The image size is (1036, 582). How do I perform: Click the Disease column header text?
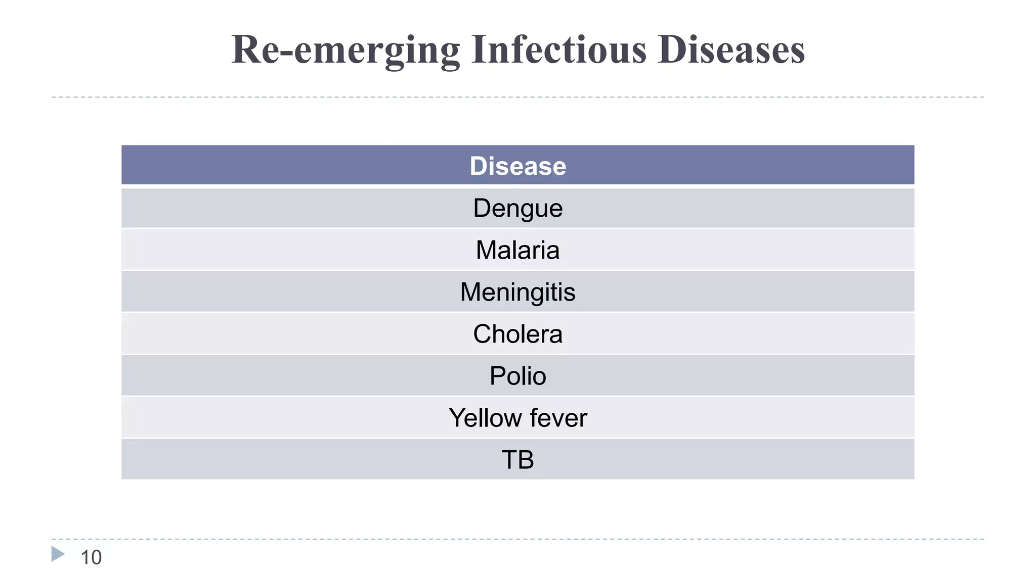[x=517, y=166]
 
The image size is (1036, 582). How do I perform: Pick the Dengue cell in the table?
[x=517, y=208]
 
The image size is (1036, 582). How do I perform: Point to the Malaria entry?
[x=517, y=250]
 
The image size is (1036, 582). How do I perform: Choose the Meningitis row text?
[x=517, y=292]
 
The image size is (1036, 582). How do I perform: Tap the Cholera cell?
[x=517, y=334]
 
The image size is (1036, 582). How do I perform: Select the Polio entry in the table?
[x=517, y=376]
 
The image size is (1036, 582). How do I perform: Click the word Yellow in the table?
[x=485, y=418]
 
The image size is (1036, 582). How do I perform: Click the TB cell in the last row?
[x=517, y=460]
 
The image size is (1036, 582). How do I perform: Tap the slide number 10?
[x=91, y=558]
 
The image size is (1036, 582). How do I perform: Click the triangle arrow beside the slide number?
[x=58, y=554]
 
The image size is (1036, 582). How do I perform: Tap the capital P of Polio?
[x=497, y=376]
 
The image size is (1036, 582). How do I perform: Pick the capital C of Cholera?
[x=483, y=334]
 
